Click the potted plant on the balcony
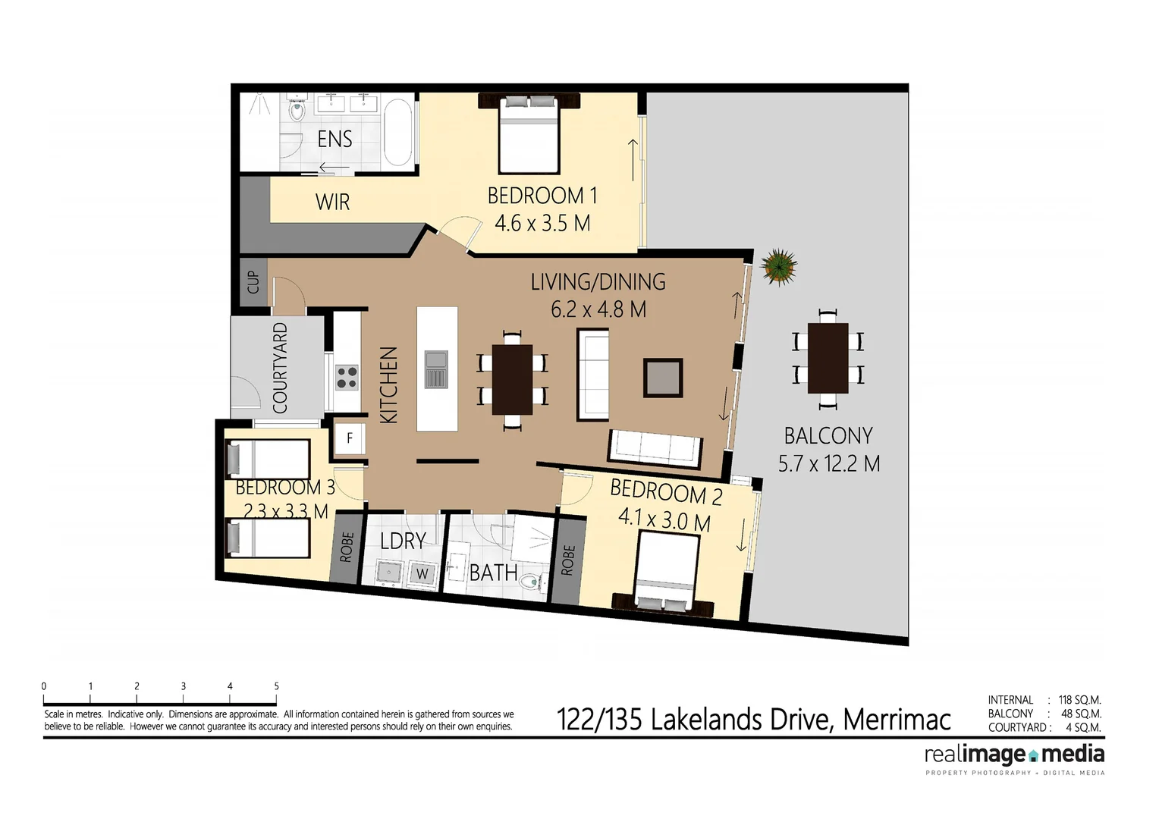[x=779, y=266]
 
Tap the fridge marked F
[x=350, y=438]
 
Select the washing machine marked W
[x=422, y=574]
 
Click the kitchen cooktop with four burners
[x=347, y=377]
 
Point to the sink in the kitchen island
[x=436, y=369]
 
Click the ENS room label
[x=335, y=139]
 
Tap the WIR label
[x=332, y=202]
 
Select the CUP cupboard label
[x=253, y=282]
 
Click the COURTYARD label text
[x=280, y=368]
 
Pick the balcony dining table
[x=828, y=358]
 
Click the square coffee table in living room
[x=663, y=378]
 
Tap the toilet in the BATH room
[x=533, y=582]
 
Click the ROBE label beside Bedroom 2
[x=568, y=560]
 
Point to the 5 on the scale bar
[x=276, y=686]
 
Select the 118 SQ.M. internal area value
[x=1079, y=700]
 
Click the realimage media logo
[x=1014, y=755]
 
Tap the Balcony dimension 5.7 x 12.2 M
[x=829, y=463]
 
